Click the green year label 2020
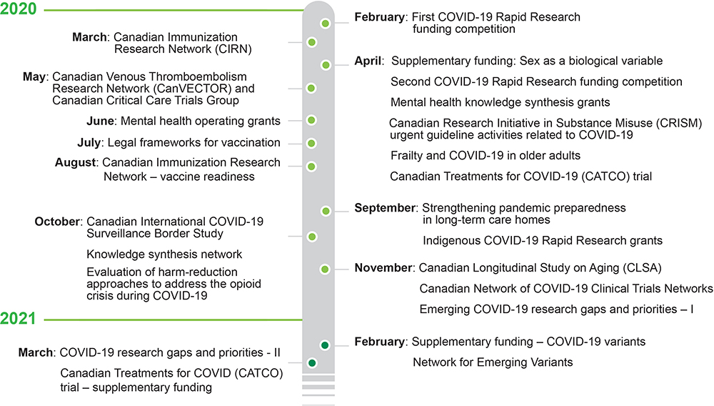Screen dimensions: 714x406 point(19,9)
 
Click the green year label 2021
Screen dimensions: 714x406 point(18,318)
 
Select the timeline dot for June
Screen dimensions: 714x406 point(311,120)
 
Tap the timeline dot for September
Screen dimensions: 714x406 point(326,211)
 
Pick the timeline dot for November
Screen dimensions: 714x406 point(325,269)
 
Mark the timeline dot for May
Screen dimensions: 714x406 point(311,88)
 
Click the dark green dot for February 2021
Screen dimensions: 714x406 point(325,345)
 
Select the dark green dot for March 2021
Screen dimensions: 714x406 point(312,363)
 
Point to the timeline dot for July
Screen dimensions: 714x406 point(311,144)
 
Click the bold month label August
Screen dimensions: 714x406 point(76,163)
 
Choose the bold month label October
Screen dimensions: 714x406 point(57,222)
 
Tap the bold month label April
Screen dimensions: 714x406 point(368,61)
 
